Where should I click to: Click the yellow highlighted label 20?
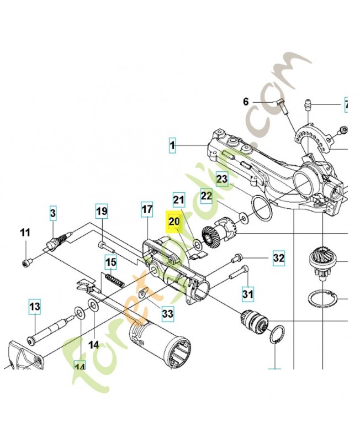tap(174, 222)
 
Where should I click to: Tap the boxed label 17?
tap(146, 210)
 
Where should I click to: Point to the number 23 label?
tap(222, 178)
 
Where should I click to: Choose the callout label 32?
tap(278, 258)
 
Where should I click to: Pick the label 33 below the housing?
tap(167, 314)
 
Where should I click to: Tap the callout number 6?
tap(246, 102)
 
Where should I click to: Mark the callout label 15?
tap(111, 262)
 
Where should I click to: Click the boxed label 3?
tap(52, 212)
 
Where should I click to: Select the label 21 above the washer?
tap(178, 200)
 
